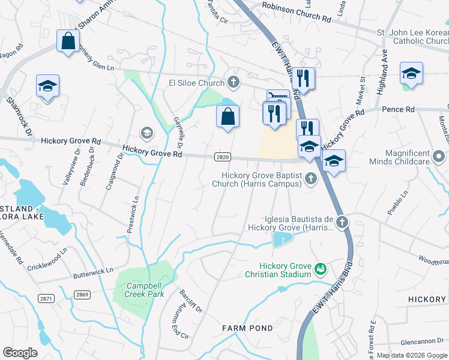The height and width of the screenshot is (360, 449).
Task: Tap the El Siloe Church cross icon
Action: click(x=234, y=82)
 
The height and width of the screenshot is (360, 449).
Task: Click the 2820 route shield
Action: click(x=222, y=157)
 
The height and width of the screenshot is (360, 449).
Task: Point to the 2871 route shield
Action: click(x=45, y=298)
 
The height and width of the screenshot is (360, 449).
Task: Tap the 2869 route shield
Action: click(x=82, y=295)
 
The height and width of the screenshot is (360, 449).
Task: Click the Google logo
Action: click(x=20, y=353)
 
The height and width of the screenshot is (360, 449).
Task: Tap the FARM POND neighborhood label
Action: click(x=247, y=328)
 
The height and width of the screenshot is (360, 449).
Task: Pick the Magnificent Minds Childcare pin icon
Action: click(x=439, y=157)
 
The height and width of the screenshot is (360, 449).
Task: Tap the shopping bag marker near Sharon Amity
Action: click(x=68, y=41)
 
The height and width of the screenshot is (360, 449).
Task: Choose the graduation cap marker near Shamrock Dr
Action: click(x=47, y=85)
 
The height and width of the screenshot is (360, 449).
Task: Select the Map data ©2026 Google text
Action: click(x=412, y=355)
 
